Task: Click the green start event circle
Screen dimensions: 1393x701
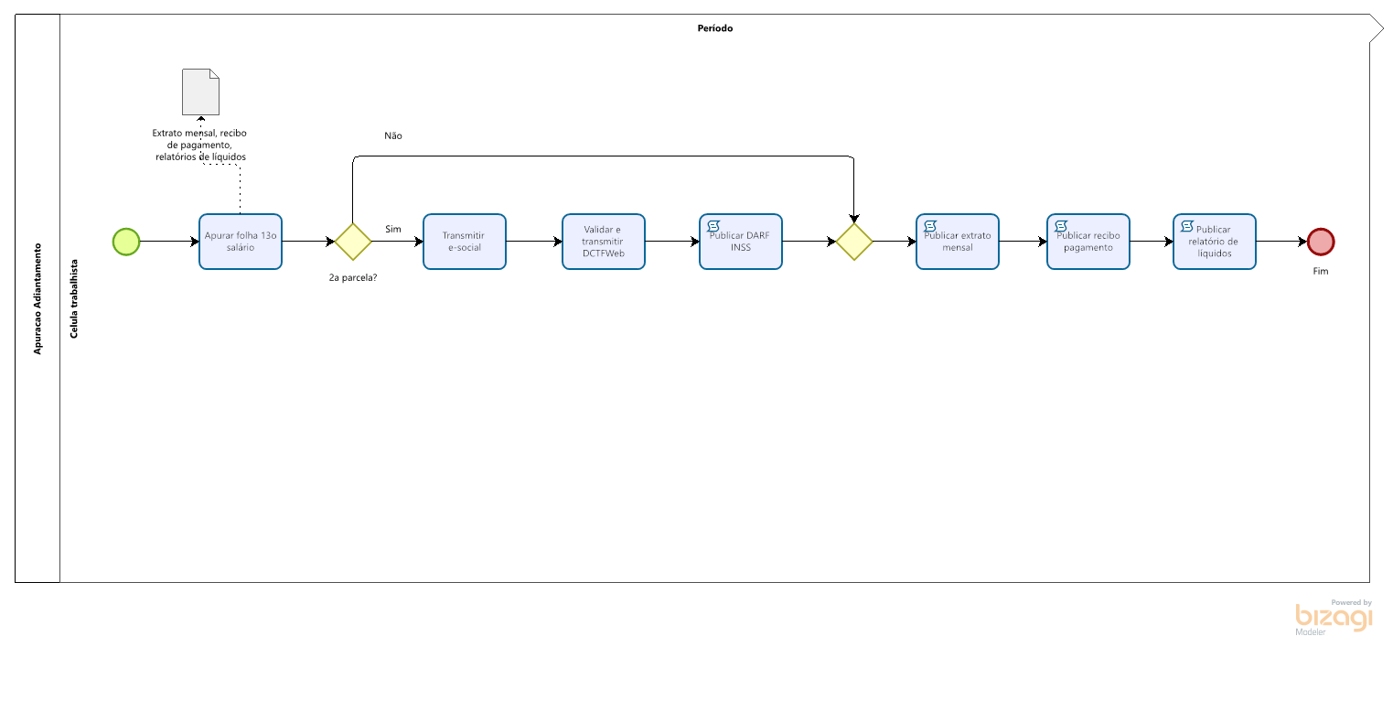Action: click(126, 242)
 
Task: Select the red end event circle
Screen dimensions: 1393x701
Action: click(1320, 242)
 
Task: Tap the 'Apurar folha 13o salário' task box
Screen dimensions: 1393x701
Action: click(240, 242)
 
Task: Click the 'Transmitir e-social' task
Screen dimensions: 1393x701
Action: click(464, 242)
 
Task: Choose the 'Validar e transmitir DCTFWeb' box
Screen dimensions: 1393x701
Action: click(604, 242)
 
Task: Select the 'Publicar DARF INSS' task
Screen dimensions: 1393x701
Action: click(740, 242)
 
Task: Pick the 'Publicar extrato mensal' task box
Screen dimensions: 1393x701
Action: click(957, 242)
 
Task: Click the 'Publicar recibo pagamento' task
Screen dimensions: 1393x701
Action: click(1088, 242)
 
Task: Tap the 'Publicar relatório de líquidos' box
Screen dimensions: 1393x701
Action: click(1214, 242)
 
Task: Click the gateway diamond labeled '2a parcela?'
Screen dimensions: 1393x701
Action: click(353, 242)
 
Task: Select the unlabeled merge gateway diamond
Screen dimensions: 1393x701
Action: click(854, 242)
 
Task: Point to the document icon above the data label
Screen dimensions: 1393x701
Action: click(200, 92)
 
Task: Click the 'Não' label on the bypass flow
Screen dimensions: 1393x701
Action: click(393, 135)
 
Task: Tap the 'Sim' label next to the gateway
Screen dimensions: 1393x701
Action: click(393, 229)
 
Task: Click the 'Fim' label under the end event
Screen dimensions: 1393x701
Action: click(1320, 271)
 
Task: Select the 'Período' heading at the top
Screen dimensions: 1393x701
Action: click(714, 28)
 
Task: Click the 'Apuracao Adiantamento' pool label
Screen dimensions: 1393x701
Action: click(38, 298)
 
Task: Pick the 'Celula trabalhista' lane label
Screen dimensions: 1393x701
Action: click(74, 298)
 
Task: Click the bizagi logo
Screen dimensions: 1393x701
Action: click(1334, 618)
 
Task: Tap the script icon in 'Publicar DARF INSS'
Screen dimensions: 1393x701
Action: click(713, 226)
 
